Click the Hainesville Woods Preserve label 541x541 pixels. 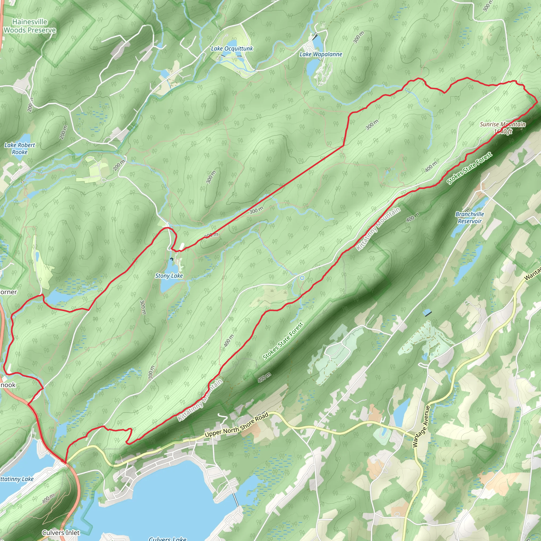point(30,26)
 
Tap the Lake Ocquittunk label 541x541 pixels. point(232,49)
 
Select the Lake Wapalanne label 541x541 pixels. point(321,54)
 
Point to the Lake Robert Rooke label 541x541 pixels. point(20,148)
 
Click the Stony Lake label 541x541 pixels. point(169,276)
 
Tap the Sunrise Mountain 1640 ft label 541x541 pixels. point(503,128)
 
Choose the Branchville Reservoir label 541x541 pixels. point(470,218)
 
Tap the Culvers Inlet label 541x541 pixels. point(61,533)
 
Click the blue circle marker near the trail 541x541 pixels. point(302,278)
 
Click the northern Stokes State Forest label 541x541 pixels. point(469,168)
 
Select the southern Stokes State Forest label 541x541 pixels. point(283,341)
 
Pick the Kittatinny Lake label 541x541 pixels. point(17,479)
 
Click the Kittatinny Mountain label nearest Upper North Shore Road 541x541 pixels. point(200,400)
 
